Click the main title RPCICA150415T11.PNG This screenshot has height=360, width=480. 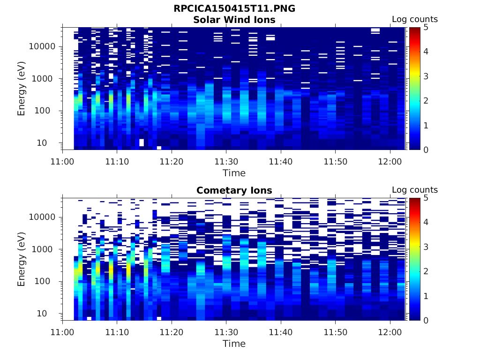tap(234, 9)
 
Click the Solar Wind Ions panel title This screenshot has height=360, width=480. tap(234, 20)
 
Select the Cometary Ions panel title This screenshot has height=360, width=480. tap(234, 190)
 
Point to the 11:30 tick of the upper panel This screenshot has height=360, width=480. tap(226, 161)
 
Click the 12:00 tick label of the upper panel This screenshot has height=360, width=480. tap(390, 161)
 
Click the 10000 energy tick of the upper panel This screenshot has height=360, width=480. tap(43, 47)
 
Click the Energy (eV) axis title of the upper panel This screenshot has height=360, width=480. tap(22, 89)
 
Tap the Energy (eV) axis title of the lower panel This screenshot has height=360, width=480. tap(22, 259)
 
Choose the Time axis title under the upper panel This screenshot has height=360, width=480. tap(234, 173)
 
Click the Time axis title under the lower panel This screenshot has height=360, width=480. tap(234, 344)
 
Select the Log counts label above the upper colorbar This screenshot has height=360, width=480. tap(414, 19)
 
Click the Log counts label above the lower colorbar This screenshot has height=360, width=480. tap(414, 190)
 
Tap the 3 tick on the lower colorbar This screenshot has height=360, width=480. tap(426, 247)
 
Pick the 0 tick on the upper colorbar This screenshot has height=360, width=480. tap(426, 150)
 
